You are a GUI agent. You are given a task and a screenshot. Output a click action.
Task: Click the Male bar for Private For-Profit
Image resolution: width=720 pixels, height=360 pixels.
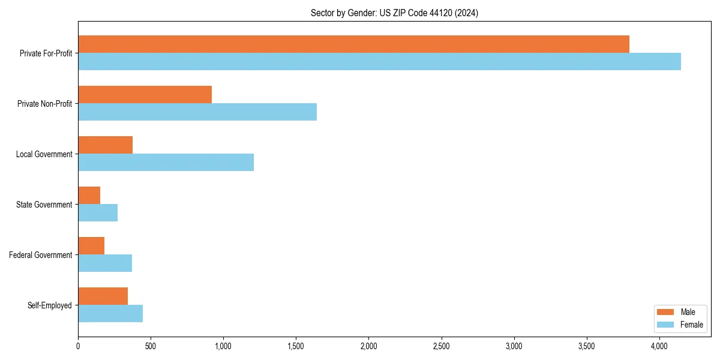tap(353, 44)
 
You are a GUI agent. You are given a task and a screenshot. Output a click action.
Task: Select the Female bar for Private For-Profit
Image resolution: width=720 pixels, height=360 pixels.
tap(379, 62)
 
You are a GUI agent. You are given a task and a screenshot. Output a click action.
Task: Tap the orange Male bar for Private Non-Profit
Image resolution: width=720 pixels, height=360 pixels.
tap(145, 95)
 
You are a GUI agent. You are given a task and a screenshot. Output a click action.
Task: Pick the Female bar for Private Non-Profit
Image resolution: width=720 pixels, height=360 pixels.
tap(197, 112)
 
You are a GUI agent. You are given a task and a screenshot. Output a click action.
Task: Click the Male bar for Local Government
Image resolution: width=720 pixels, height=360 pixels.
tap(105, 145)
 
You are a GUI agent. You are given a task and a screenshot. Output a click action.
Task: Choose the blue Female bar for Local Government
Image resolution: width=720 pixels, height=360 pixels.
tap(166, 163)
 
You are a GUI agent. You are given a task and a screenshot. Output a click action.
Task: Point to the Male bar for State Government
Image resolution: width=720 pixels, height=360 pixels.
tap(89, 196)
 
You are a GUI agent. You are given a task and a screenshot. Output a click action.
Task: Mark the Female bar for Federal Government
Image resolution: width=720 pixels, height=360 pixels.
tap(105, 263)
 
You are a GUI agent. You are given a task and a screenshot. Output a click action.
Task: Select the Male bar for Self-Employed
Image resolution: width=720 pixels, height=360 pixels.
tap(103, 296)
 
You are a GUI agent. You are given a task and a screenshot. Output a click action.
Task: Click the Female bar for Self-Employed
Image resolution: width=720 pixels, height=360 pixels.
tap(110, 314)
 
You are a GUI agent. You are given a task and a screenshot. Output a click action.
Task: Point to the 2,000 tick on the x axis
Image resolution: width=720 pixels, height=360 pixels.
tap(368, 346)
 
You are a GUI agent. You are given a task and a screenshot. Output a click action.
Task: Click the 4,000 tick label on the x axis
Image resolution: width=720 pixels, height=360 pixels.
tap(659, 346)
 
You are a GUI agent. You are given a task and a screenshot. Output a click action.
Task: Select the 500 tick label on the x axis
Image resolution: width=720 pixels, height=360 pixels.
tap(151, 346)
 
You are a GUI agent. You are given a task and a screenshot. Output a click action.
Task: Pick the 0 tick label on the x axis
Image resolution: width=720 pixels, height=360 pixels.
tap(78, 346)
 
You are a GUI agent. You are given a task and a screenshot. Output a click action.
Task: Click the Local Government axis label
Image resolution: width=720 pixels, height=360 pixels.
tap(44, 154)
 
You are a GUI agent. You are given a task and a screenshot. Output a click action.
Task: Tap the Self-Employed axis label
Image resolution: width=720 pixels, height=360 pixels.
tap(49, 305)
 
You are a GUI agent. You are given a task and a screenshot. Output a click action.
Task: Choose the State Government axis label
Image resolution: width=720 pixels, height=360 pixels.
tap(44, 205)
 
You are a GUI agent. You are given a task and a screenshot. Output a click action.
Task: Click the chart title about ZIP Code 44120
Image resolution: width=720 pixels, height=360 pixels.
tap(394, 13)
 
